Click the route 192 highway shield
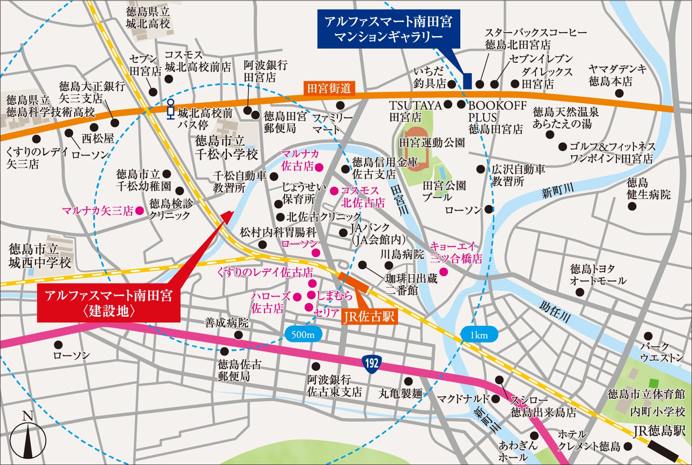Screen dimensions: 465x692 pyautogui.click(x=371, y=364)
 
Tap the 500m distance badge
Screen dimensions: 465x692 pyautogui.click(x=303, y=334)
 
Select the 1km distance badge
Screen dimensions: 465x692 pyautogui.click(x=479, y=334)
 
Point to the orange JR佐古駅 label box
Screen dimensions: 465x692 pyautogui.click(x=369, y=317)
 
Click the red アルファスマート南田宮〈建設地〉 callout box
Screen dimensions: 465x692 pyautogui.click(x=108, y=303)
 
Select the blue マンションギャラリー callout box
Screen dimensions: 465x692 pyautogui.click(x=389, y=29)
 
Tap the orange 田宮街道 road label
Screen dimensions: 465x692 pyautogui.click(x=329, y=88)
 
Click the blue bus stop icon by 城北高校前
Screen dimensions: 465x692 pyautogui.click(x=171, y=109)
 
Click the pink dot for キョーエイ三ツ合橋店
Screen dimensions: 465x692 pyautogui.click(x=444, y=272)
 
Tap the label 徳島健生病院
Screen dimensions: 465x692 pyautogui.click(x=648, y=188)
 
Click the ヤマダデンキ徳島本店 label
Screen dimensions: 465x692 pyautogui.click(x=617, y=75)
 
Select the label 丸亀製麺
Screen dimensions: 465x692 pyautogui.click(x=400, y=393)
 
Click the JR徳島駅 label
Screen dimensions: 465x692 pyautogui.click(x=659, y=430)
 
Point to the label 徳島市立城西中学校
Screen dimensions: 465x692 pyautogui.click(x=40, y=256)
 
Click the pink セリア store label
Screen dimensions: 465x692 pyautogui.click(x=326, y=312)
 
